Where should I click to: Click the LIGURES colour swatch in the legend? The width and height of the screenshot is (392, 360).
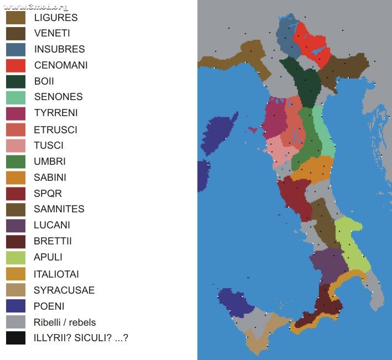(x=16, y=17)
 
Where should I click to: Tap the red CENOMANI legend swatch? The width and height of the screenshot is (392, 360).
(x=16, y=65)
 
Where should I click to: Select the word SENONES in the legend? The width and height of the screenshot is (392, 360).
(x=58, y=97)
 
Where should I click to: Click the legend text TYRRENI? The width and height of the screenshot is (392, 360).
(x=56, y=113)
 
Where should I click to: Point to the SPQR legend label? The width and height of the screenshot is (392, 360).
(x=48, y=194)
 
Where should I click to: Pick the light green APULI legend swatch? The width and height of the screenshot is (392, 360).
(x=16, y=257)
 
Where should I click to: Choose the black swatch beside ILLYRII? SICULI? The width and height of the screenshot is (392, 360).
(x=16, y=337)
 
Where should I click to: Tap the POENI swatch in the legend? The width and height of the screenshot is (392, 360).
(x=16, y=306)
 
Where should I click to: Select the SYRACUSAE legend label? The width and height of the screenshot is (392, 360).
(x=64, y=290)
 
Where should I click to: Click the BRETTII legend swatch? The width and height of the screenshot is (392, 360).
(x=16, y=242)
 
